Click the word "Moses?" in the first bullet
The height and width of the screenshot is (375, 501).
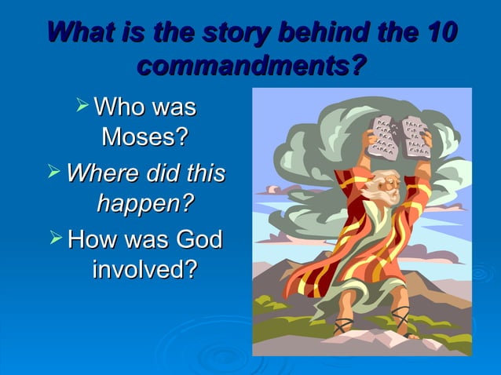tap(144, 138)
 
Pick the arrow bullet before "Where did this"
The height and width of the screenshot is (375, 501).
tap(55, 172)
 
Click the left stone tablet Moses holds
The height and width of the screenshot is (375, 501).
tap(382, 133)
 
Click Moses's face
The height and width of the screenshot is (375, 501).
tap(385, 183)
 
